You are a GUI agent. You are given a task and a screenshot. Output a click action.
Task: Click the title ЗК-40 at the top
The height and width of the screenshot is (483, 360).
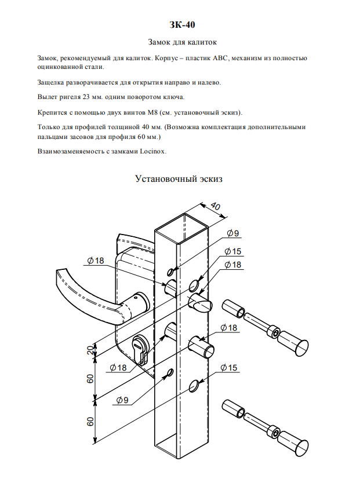point(180,25)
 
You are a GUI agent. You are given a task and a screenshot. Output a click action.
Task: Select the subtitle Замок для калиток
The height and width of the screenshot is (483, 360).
point(180,42)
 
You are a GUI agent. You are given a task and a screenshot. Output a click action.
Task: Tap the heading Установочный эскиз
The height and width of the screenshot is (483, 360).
point(179,179)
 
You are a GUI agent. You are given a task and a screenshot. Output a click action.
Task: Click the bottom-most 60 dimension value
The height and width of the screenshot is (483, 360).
point(90,421)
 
